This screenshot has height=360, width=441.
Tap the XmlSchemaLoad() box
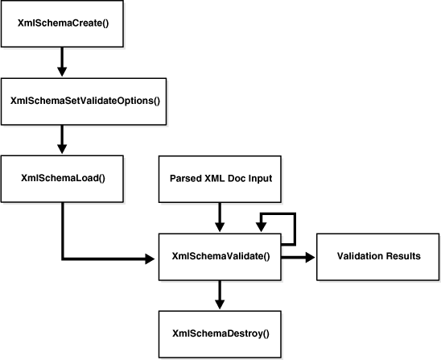pos(61,176)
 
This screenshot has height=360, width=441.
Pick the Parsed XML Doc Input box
pos(220,176)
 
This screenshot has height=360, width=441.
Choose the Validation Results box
pos(378,257)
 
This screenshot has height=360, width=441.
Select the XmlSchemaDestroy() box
pos(220,333)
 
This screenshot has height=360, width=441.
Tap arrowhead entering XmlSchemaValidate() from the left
pos(150,259)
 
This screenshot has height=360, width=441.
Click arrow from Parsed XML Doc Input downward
pos(220,215)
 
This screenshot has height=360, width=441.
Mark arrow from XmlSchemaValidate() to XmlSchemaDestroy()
pos(220,294)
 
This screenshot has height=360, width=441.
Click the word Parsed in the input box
pos(183,176)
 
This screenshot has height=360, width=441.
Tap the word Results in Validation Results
pos(402,257)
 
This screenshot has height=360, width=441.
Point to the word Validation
pos(360,257)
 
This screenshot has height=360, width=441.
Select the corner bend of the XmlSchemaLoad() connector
pos(62,259)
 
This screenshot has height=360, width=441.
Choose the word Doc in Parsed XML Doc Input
pos(234,176)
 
